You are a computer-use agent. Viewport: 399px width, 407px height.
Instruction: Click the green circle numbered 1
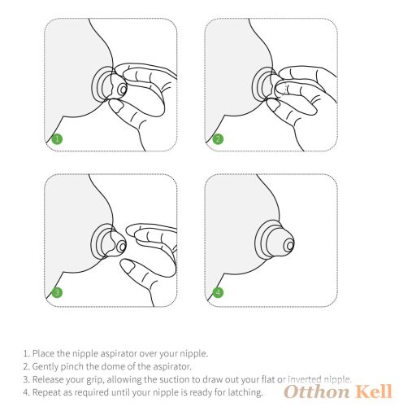[57, 139]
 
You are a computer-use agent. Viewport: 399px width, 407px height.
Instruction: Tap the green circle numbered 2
[218, 139]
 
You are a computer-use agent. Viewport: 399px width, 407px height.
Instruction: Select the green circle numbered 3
[57, 292]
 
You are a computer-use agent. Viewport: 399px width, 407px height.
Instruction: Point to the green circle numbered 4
[218, 292]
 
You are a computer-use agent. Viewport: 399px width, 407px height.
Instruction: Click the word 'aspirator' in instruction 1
[119, 353]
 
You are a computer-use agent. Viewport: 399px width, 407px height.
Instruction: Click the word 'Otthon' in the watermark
[317, 392]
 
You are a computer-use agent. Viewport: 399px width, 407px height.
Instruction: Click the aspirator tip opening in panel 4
[290, 246]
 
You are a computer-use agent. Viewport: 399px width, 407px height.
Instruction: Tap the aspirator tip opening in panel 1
[123, 90]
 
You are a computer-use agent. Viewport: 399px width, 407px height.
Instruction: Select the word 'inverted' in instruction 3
[304, 379]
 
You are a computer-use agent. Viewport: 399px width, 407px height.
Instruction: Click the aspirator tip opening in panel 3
[123, 247]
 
